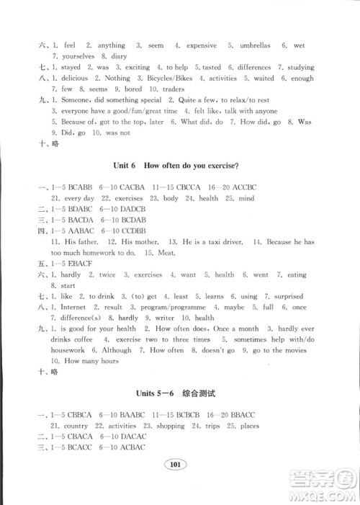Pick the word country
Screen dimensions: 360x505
76,426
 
